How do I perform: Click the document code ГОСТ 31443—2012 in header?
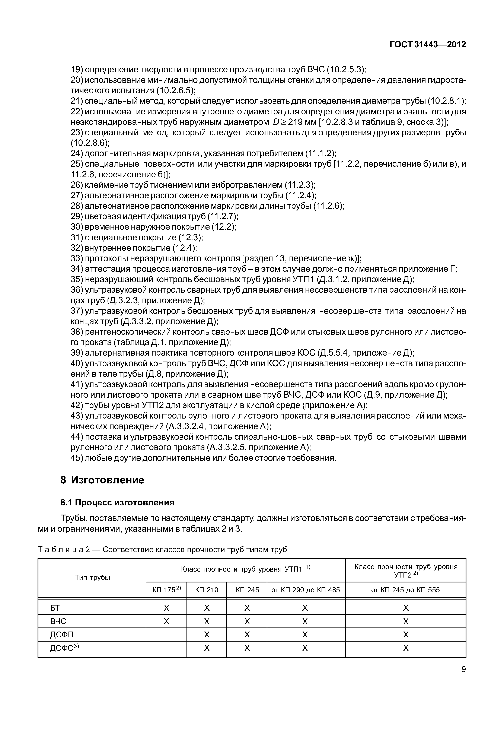point(428,45)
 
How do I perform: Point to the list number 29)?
point(77,216)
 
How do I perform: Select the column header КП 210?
point(207,590)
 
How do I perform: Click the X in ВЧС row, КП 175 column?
point(166,621)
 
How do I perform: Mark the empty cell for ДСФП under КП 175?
point(166,635)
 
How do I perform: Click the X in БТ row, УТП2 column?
point(406,608)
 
